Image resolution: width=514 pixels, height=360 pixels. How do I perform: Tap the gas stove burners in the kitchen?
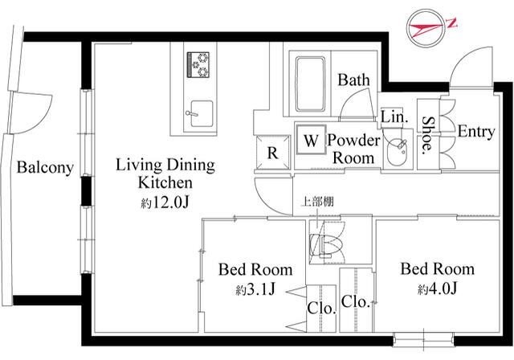click(198, 64)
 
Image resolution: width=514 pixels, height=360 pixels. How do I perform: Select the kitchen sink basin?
click(202, 113)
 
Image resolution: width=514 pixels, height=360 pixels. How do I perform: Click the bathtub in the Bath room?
click(311, 84)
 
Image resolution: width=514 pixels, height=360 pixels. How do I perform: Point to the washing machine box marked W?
click(312, 140)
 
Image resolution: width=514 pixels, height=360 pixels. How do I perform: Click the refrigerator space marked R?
click(272, 153)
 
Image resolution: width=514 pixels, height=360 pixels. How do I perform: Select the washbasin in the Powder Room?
click(397, 150)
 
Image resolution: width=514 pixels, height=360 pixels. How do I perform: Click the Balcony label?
click(45, 167)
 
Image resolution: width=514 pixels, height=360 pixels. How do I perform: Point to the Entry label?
click(476, 132)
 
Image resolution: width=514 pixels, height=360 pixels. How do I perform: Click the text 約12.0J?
click(165, 203)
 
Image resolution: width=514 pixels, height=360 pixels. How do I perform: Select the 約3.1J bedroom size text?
click(255, 289)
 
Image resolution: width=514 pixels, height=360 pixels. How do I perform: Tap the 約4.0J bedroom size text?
click(437, 288)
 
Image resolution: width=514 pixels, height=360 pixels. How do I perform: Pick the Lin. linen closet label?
click(394, 117)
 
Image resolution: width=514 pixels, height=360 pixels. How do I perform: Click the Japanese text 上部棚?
click(317, 202)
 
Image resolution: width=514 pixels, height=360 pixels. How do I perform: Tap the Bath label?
click(353, 80)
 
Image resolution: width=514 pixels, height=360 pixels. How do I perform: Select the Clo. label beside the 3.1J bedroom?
click(321, 309)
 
